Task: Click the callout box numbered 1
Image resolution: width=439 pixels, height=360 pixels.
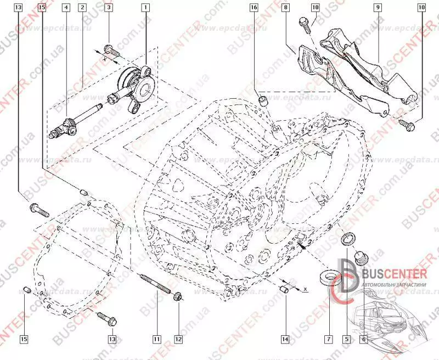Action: [x=145, y=8]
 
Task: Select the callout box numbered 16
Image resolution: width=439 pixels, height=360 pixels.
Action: [x=253, y=8]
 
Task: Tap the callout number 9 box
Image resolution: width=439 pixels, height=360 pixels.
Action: [x=378, y=8]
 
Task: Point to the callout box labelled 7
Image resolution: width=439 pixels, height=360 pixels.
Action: [x=328, y=339]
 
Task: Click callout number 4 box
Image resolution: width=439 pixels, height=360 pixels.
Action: [x=66, y=8]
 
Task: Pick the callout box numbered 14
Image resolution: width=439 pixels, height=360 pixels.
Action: [x=284, y=339]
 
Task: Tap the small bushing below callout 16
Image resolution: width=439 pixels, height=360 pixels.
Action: [x=264, y=100]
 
